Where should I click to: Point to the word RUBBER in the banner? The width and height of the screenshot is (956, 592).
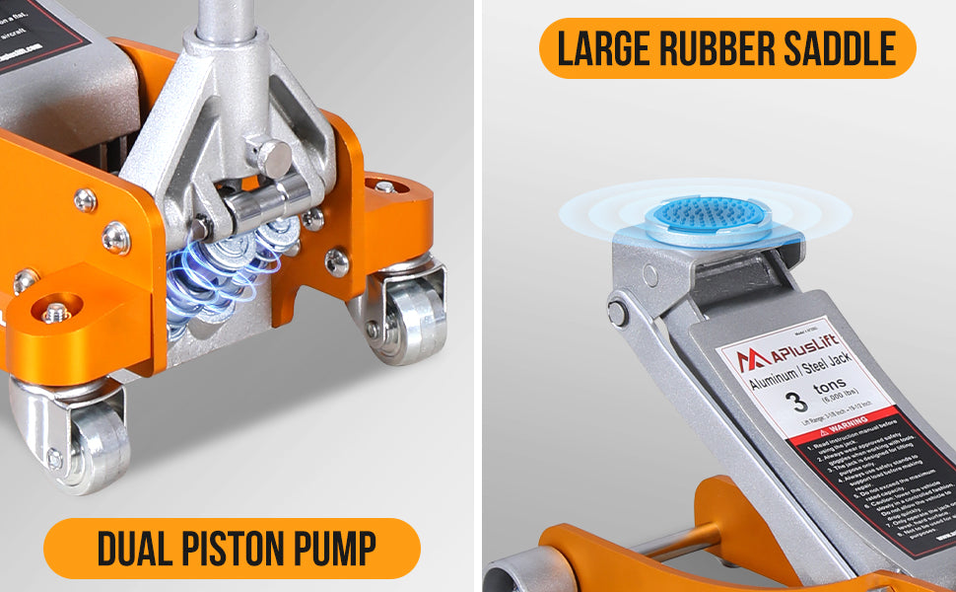[719, 48]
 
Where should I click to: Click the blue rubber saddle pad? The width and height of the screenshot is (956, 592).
[704, 212]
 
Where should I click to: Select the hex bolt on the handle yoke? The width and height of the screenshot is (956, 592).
[272, 157]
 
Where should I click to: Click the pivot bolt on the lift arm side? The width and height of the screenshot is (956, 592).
[617, 313]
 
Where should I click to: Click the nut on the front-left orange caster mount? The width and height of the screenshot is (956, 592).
[57, 313]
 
